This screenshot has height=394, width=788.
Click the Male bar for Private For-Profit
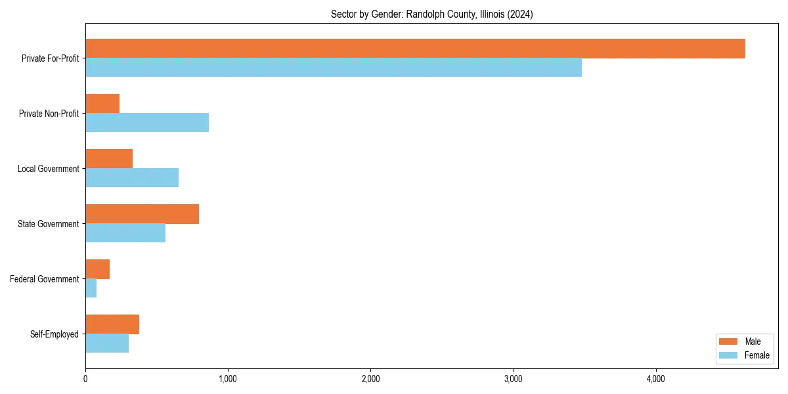pos(415,49)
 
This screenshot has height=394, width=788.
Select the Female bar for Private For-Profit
pos(334,67)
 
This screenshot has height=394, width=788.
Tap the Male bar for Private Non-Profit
pos(102,104)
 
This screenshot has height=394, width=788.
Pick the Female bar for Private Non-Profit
pos(147,122)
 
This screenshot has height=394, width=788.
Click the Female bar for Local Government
pos(132,177)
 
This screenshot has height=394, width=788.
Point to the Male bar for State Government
pos(142,214)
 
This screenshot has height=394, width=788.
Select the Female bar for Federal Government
pos(91,288)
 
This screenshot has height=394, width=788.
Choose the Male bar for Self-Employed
pos(112,324)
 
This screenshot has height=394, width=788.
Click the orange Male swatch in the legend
pos(729,341)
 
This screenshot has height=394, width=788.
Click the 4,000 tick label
pos(656,379)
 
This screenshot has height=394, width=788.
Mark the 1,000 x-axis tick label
pos(228,379)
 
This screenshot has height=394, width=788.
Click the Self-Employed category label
pos(55,334)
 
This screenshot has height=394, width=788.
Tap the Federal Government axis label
pos(45,279)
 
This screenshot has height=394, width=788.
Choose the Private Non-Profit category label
pos(50,114)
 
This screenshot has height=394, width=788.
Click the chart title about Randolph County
pos(431,14)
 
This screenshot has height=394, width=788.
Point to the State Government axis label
pos(49,224)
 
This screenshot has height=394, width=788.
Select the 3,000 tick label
pos(514,379)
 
